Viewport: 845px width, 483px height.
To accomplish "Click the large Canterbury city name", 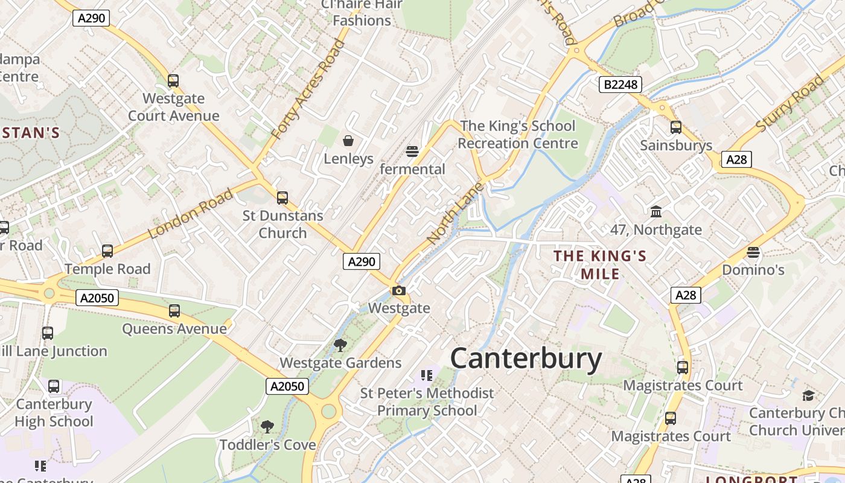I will [x=526, y=359].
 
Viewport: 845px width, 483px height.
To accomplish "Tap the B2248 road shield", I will [x=620, y=85].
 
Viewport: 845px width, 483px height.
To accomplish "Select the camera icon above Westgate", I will [x=398, y=291].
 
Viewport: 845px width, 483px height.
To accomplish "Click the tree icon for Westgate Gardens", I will [x=340, y=345].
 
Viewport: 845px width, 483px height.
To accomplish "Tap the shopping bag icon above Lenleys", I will [x=348, y=141].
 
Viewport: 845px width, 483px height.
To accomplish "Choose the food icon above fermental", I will [x=412, y=152].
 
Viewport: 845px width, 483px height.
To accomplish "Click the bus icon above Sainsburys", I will [x=675, y=127].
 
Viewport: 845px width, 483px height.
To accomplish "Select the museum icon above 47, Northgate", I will [x=656, y=212].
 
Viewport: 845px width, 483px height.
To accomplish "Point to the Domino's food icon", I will [x=753, y=252].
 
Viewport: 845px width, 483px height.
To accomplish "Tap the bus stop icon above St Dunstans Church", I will [x=282, y=198].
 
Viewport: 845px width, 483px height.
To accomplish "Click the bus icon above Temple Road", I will [x=107, y=251].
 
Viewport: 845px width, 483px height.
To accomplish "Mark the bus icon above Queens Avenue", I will [x=174, y=311].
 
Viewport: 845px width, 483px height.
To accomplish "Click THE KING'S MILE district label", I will [x=600, y=264].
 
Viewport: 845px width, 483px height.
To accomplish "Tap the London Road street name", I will [x=191, y=214].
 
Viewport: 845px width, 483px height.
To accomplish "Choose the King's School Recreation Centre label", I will [x=517, y=135].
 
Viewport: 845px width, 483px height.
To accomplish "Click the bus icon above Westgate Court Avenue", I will [x=173, y=81].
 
